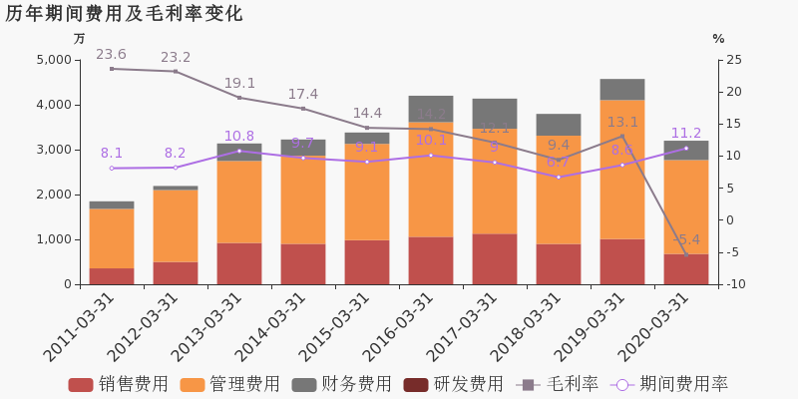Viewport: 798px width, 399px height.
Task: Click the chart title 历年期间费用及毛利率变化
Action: click(124, 14)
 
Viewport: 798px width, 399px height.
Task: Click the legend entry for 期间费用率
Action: click(669, 384)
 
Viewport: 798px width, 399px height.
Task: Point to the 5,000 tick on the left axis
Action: click(53, 60)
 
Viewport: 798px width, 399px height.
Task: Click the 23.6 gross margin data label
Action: click(111, 54)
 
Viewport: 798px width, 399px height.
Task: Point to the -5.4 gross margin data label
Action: click(686, 240)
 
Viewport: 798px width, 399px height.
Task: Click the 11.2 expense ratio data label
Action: click(686, 133)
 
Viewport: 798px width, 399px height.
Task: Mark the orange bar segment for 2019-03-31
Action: click(622, 169)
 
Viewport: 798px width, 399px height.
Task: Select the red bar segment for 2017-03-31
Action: click(495, 258)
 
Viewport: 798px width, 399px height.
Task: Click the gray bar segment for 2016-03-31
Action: click(431, 109)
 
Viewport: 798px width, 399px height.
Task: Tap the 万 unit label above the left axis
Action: click(80, 39)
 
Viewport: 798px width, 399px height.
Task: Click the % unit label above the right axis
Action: click(718, 39)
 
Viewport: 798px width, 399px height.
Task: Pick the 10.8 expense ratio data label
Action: click(238, 136)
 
